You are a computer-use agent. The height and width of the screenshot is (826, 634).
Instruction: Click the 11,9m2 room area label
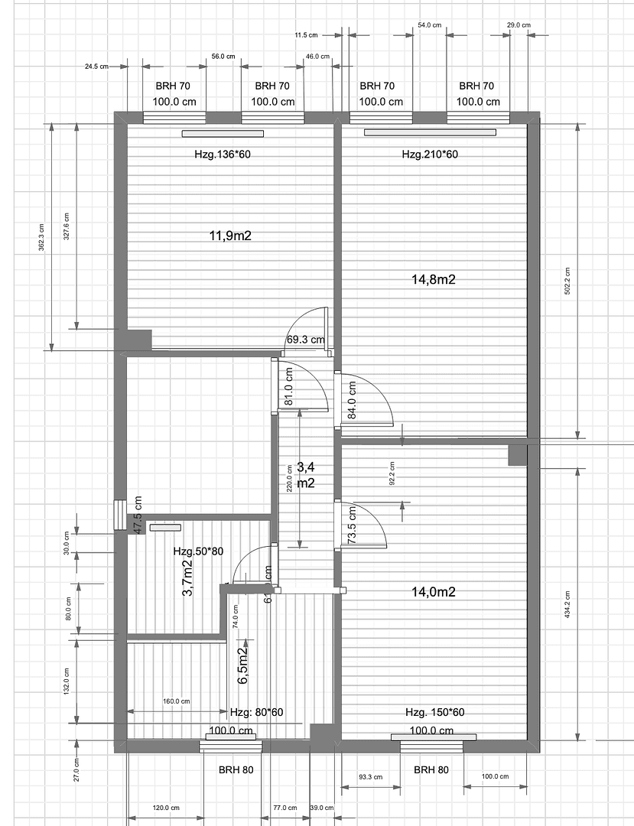coord(230,236)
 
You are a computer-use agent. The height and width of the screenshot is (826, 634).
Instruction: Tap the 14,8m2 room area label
coord(434,280)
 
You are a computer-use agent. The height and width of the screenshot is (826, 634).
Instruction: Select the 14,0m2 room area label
coord(434,591)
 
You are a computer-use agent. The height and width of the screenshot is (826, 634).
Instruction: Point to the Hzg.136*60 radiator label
coord(223,154)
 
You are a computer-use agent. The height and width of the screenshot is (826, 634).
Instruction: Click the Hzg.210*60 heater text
coord(430,154)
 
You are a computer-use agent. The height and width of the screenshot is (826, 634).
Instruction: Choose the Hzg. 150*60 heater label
coord(435,712)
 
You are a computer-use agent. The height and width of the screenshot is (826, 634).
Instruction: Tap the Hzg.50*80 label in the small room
coord(197,551)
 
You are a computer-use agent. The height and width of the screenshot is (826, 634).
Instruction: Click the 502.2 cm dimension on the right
coord(567,281)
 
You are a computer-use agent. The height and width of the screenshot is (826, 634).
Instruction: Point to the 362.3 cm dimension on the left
coord(42,237)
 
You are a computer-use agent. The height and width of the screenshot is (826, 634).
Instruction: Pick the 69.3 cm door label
coord(305,340)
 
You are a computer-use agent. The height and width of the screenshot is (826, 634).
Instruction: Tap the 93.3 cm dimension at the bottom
coord(370,777)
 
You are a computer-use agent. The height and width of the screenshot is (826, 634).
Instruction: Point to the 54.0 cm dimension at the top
coord(429,25)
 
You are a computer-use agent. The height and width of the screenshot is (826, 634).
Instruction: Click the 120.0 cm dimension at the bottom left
coord(165,808)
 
